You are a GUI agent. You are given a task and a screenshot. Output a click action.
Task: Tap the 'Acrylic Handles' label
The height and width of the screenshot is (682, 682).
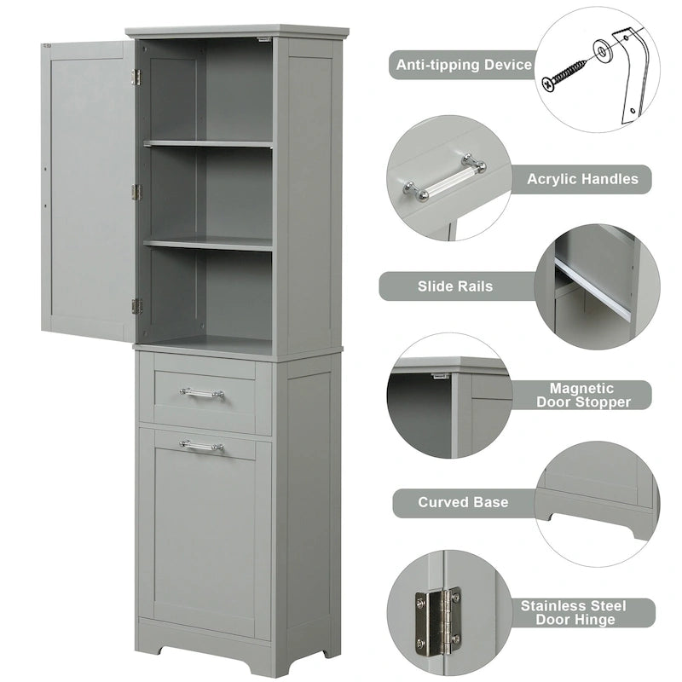tap(582, 179)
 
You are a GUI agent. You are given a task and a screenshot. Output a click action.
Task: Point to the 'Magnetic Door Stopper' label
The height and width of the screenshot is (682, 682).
tap(581, 395)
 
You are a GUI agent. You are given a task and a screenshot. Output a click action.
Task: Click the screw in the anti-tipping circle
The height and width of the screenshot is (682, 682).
tap(564, 73)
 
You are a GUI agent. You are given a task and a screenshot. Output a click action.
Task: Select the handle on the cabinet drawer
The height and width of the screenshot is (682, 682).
tap(202, 393)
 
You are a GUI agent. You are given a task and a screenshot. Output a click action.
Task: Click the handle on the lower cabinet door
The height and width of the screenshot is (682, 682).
tap(202, 446)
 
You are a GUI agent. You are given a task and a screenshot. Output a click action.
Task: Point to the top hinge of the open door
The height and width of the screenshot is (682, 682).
tap(136, 77)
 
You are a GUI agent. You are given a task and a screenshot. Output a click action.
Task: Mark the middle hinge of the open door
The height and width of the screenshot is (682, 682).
tap(136, 192)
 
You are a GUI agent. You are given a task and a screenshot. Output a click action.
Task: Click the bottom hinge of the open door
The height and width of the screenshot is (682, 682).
tap(136, 306)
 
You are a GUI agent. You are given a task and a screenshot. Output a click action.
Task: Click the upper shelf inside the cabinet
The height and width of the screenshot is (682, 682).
tap(208, 144)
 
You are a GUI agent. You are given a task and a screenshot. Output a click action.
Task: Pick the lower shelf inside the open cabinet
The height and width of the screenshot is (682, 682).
tap(208, 244)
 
